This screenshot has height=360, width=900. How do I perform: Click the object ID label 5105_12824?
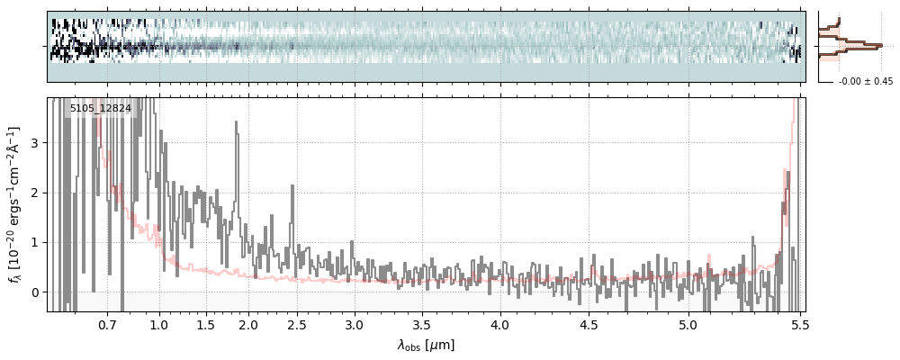click(101, 109)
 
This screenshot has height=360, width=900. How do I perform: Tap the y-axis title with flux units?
click(15, 204)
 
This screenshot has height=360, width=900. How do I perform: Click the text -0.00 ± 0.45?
click(865, 82)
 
